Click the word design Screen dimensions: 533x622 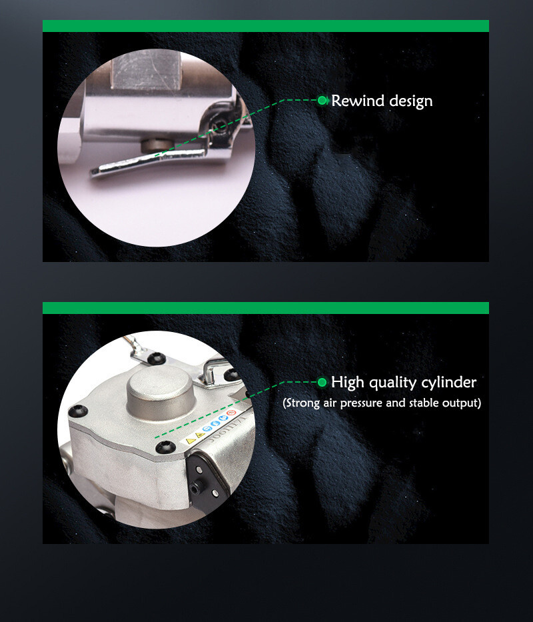[411, 101]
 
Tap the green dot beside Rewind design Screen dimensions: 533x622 [322, 101]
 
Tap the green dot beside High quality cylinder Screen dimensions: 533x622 [322, 383]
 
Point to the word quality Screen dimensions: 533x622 [392, 383]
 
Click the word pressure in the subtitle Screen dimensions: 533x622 [362, 403]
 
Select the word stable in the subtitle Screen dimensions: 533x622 [424, 403]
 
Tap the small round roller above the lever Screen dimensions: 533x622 [157, 145]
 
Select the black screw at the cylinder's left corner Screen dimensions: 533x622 [78, 411]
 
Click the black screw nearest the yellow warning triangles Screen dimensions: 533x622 [166, 447]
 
